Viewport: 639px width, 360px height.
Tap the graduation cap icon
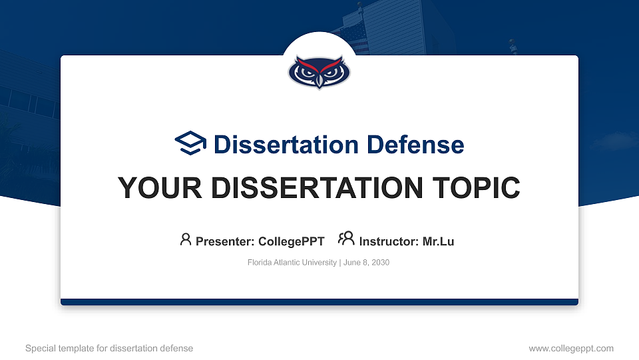191,143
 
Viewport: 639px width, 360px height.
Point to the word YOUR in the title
152,188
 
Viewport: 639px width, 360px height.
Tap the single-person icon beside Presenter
186,239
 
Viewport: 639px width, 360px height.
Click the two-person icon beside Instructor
346,239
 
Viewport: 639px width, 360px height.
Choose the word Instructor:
389,241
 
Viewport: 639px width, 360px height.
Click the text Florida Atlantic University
292,263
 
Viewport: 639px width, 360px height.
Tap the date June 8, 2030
366,263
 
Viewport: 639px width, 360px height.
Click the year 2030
380,263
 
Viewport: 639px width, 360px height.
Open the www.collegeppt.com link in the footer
571,348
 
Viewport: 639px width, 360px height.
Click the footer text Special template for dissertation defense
109,348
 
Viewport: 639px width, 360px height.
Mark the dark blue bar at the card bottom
319,302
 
